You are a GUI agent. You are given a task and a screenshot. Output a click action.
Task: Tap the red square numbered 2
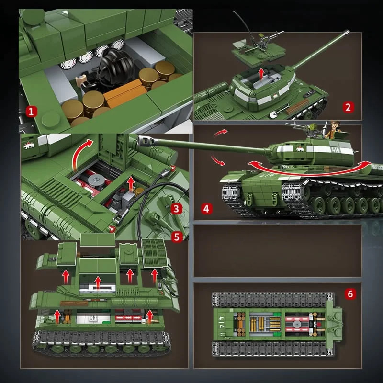coord(349,107)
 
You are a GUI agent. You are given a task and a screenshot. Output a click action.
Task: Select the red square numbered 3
coord(177,208)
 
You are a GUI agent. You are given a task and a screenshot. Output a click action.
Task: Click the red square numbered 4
coord(206,209)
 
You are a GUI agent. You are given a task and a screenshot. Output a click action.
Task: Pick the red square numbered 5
coord(177,236)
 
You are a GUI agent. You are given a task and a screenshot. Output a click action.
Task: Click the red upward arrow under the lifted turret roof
coord(260,73)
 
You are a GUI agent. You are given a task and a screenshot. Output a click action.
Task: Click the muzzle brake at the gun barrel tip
coord(143,140)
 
